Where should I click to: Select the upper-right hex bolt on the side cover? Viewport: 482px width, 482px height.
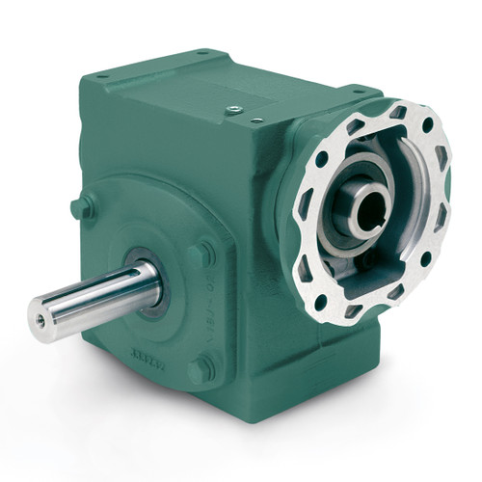201,254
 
